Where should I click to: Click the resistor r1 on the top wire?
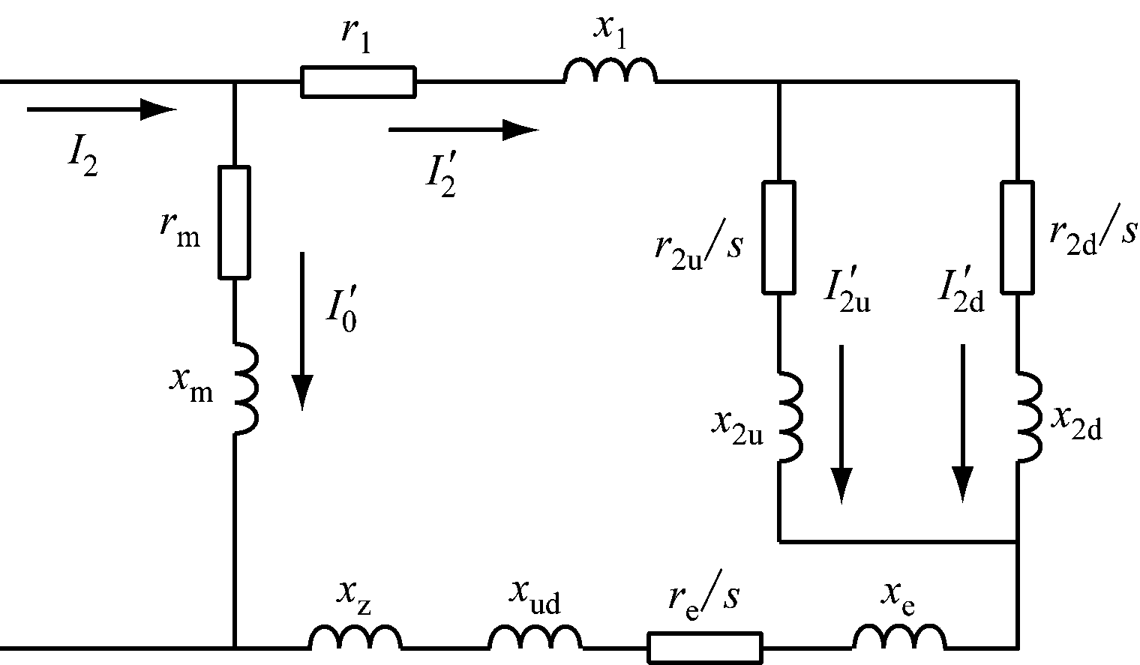click(358, 82)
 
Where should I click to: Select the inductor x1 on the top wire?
click(610, 72)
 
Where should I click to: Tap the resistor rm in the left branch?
click(235, 222)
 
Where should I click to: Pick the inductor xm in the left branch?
click(244, 388)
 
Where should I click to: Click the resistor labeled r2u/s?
click(779, 236)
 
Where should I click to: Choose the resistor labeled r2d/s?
click(1018, 236)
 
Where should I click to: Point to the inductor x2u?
click(790, 416)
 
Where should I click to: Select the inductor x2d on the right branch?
click(1028, 416)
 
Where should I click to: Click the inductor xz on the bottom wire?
click(355, 639)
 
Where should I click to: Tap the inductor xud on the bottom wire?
click(535, 639)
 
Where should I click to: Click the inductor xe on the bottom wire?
click(899, 639)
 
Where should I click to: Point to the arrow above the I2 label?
click(101, 109)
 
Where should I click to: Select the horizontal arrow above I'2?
click(463, 130)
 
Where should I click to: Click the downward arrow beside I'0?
click(302, 331)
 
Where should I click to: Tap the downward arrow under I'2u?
click(841, 423)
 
